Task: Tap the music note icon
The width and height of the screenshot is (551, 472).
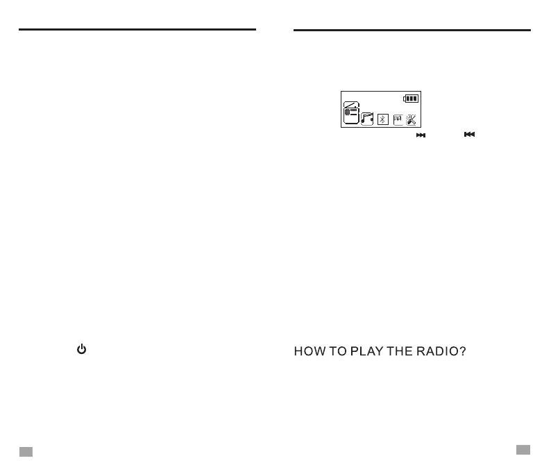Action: coord(368,119)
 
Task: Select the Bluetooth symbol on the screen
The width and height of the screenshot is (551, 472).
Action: coord(383,119)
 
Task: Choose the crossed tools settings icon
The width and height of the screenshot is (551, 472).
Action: coord(412,119)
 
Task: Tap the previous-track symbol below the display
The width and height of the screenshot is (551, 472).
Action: coord(469,135)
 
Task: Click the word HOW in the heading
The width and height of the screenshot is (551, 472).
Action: coord(310,353)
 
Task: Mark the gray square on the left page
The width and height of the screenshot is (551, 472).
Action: coord(26,451)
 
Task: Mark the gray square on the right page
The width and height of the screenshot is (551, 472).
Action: coord(523,450)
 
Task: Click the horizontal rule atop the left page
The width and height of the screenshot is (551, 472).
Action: coord(137,30)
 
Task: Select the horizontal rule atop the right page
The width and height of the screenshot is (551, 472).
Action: coord(412,30)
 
